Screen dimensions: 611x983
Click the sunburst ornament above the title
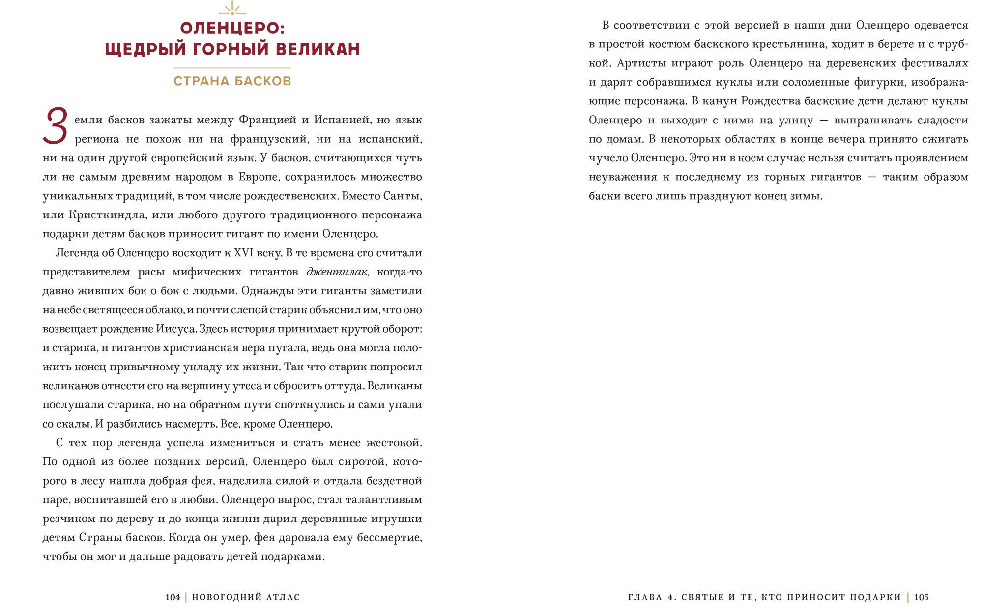(x=232, y=8)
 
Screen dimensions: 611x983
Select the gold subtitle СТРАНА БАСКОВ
(x=232, y=81)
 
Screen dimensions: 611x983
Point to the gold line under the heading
(x=232, y=68)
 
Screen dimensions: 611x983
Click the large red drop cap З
(x=55, y=126)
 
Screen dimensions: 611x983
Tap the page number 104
(x=173, y=597)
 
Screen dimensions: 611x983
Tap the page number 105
(x=922, y=597)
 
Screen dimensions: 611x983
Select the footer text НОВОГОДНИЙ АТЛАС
(x=246, y=597)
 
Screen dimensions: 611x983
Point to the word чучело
(x=607, y=158)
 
